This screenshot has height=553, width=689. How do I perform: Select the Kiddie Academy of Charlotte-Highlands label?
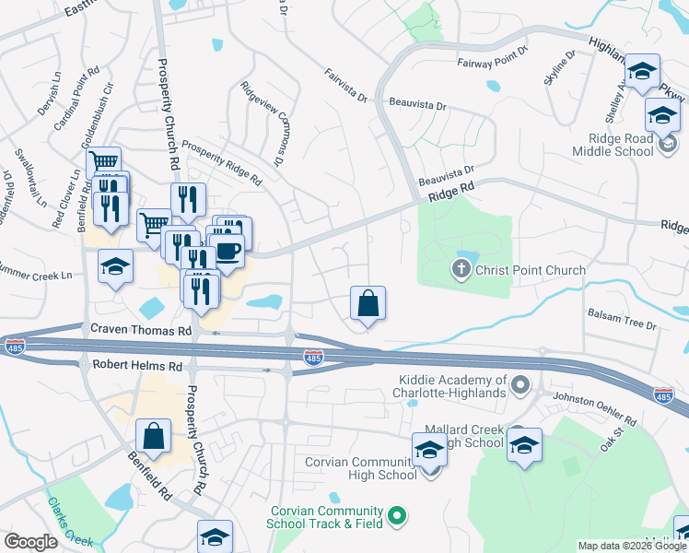pos(453,386)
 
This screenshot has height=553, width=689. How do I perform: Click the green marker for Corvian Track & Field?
pos(397,516)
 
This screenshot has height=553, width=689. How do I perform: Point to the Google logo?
pos(30,542)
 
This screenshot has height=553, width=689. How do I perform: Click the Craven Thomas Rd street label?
pos(140,329)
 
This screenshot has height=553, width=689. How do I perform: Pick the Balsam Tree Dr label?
pos(622,325)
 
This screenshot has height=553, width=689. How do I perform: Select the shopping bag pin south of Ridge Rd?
pos(368,303)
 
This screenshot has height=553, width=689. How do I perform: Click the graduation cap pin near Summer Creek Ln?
pos(116,266)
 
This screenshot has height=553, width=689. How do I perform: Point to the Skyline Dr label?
pos(559,67)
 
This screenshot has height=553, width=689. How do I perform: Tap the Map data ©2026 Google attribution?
pos(632,546)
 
